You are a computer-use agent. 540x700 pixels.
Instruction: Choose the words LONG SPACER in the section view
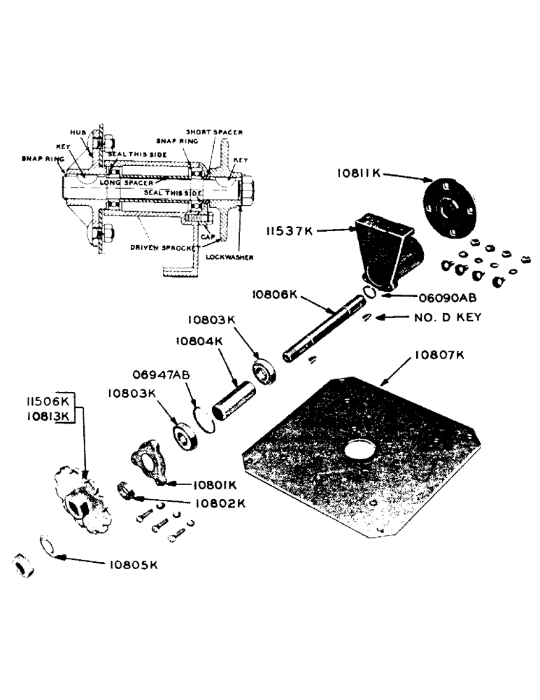click(125, 182)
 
